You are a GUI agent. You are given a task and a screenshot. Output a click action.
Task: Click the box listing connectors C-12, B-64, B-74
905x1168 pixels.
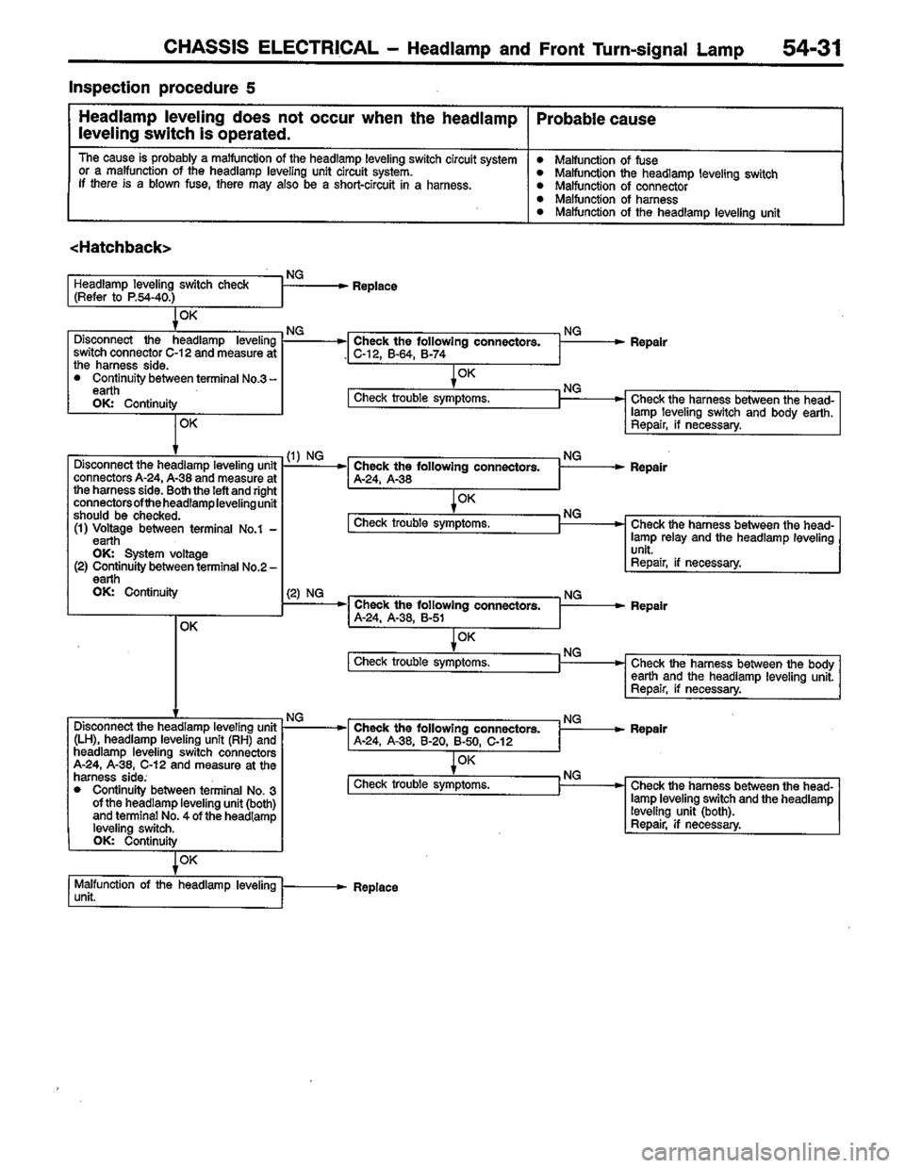point(453,348)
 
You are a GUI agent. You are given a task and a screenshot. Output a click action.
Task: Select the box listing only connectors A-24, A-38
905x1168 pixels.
point(453,472)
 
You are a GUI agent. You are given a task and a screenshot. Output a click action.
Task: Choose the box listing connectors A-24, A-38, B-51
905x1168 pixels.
point(453,611)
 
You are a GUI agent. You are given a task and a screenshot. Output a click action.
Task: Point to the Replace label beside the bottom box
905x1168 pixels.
point(375,888)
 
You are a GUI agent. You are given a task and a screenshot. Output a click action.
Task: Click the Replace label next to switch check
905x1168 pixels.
point(374,285)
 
